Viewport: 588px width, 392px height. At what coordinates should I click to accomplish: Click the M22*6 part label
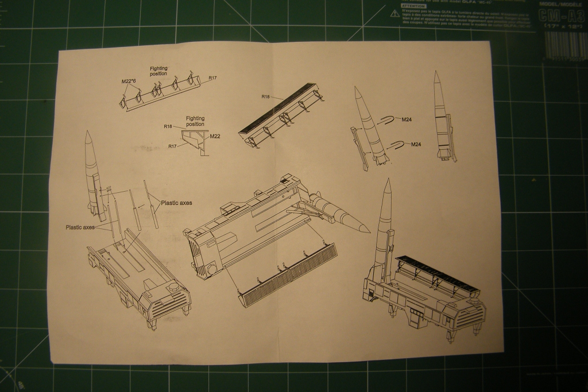click(128, 81)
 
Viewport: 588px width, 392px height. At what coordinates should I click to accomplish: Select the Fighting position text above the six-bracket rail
click(158, 71)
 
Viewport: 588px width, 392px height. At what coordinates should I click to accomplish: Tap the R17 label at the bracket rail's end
click(212, 78)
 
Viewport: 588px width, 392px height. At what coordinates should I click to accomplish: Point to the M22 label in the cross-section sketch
click(215, 137)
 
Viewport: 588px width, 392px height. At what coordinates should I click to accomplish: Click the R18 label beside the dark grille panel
click(265, 97)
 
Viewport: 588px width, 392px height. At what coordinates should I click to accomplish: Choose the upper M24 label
click(406, 119)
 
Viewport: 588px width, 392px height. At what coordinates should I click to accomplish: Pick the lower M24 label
click(417, 144)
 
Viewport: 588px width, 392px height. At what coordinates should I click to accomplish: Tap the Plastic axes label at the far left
click(80, 227)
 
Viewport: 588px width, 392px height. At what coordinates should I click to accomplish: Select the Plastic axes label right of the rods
click(176, 203)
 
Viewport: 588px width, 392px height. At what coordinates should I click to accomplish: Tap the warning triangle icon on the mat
click(393, 11)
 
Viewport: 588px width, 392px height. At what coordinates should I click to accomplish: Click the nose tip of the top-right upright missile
click(436, 72)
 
